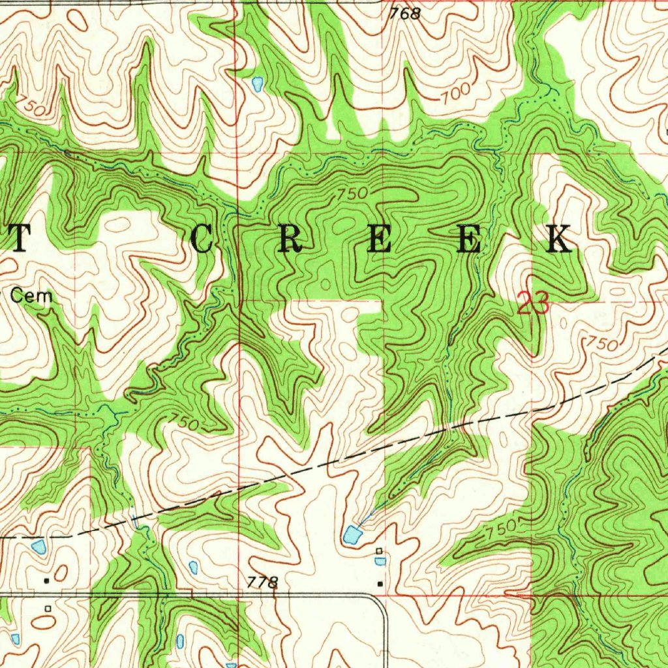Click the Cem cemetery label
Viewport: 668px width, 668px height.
31,296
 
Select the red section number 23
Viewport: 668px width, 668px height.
533,304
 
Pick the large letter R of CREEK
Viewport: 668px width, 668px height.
290,240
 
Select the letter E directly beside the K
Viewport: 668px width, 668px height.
468,240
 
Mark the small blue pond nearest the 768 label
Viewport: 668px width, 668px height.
257,83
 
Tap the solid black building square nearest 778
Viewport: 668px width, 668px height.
380,584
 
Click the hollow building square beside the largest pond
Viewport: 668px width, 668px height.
379,552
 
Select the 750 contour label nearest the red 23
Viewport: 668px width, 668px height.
600,342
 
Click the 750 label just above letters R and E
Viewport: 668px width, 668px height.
352,194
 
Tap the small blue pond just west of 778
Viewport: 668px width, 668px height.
192,567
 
